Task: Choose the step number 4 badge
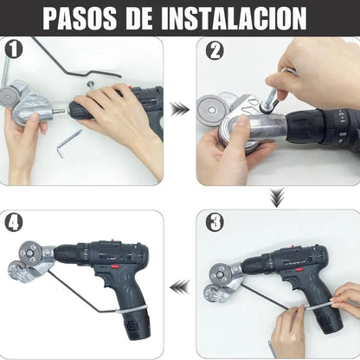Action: point(11,221)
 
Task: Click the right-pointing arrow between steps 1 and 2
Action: point(179,108)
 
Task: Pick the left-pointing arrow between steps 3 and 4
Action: point(179,285)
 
